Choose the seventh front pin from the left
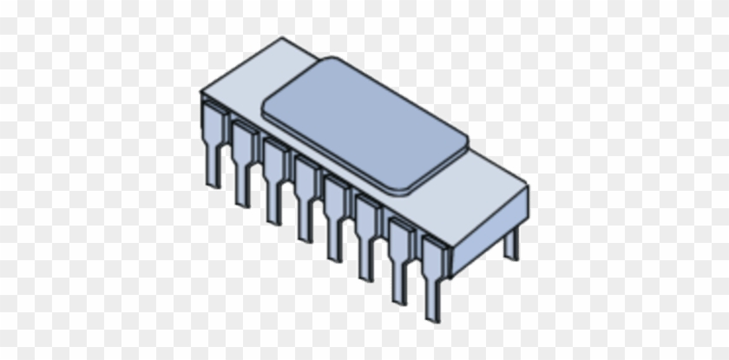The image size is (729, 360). [400, 255]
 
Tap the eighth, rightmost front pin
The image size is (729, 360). [433, 276]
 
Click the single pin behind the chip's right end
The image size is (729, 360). [511, 243]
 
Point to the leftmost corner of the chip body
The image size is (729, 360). [201, 92]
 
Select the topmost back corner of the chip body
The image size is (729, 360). [284, 38]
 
